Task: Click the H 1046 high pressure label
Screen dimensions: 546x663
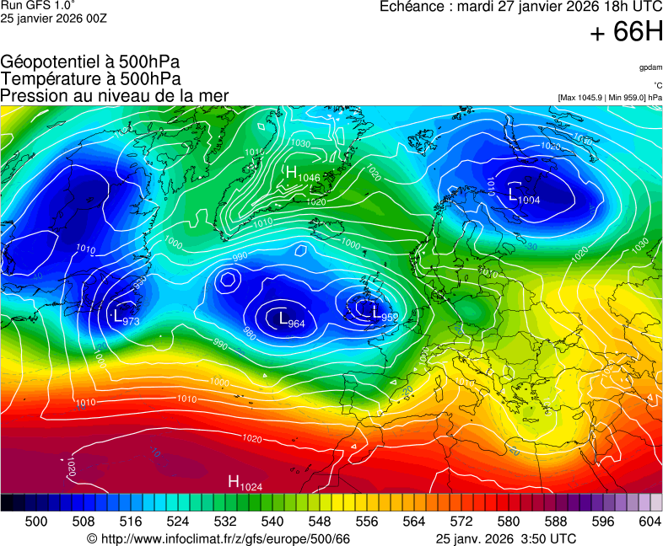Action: (x=302, y=174)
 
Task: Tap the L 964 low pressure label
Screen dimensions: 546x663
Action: (x=291, y=319)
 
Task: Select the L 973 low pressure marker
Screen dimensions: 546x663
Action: (x=126, y=318)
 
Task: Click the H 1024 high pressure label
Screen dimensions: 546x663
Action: (x=245, y=483)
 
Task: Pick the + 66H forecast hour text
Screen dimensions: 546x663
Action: (x=627, y=33)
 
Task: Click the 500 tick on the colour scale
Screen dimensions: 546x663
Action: (x=36, y=522)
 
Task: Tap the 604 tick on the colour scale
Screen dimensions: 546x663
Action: (x=650, y=522)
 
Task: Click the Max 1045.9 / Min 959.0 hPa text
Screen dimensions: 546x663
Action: (x=610, y=98)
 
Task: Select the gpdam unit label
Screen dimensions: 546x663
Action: (x=650, y=67)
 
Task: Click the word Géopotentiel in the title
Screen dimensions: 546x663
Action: (x=52, y=62)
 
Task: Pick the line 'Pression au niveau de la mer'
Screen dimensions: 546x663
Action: (x=115, y=95)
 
